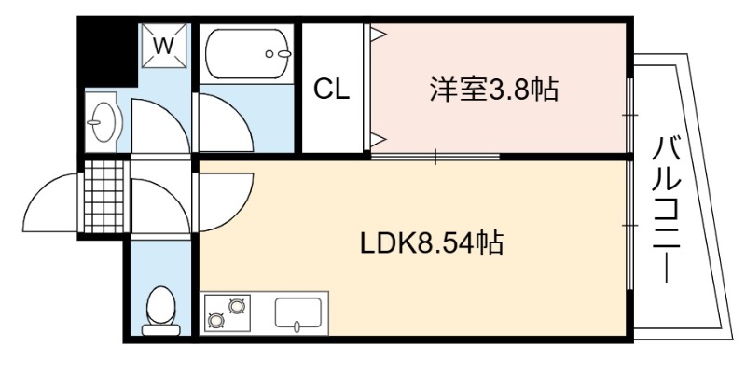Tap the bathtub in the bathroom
tap(246, 53)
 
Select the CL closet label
tap(331, 90)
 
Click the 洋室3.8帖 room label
tap(493, 90)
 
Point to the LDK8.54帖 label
tap(432, 244)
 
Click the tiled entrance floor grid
tap(104, 199)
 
